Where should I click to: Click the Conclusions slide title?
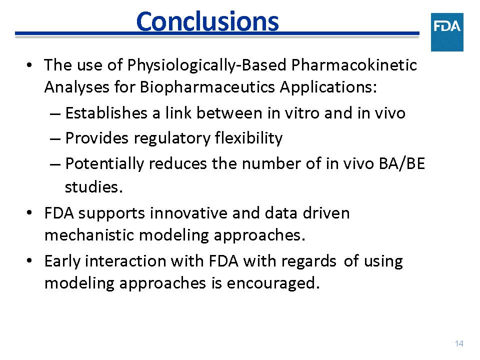207,21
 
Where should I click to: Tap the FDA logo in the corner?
447,32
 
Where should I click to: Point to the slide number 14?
459,343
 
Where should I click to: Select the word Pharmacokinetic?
354,65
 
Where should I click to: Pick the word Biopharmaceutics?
207,87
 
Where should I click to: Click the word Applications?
328,87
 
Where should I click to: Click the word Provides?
96,138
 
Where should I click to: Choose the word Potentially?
104,164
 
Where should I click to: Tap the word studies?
93,186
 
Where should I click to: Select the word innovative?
188,213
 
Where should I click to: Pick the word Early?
62,262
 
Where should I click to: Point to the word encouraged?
273,283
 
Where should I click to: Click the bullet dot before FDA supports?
29,212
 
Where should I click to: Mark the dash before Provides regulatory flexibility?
55,138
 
